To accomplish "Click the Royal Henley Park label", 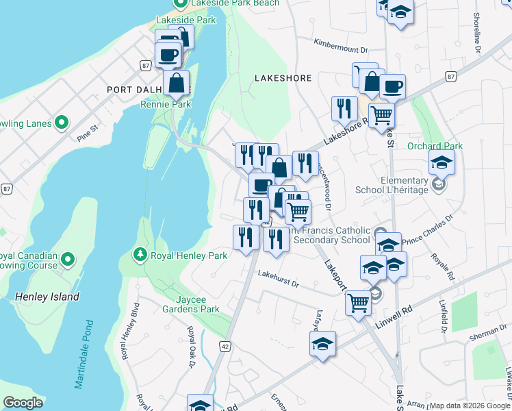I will pos(188,256).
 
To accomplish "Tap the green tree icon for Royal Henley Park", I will pos(140,255).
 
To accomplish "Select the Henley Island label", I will pos(47,297).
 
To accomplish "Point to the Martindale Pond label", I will pos(84,353).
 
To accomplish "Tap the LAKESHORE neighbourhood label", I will pos(283,78).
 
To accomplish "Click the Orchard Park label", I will pos(435,146).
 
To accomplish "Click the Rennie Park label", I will pos(166,104).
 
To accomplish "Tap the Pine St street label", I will pos(88,127).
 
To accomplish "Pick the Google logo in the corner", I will pos(23,403).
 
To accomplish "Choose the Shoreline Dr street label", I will pos(477,31).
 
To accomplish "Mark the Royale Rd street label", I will pos(443,267).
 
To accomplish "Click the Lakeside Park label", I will pos(186,21).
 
